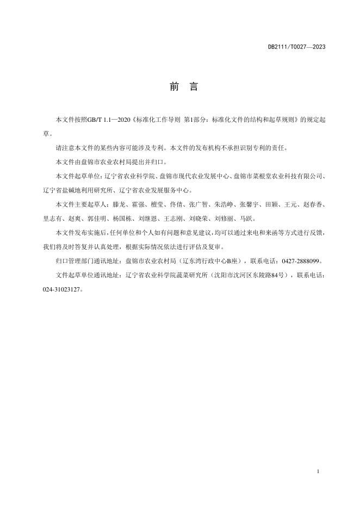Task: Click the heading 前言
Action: point(179,88)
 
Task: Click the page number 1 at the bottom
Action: point(317,471)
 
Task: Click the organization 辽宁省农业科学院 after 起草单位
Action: point(129,176)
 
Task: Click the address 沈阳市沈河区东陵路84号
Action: point(246,275)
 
